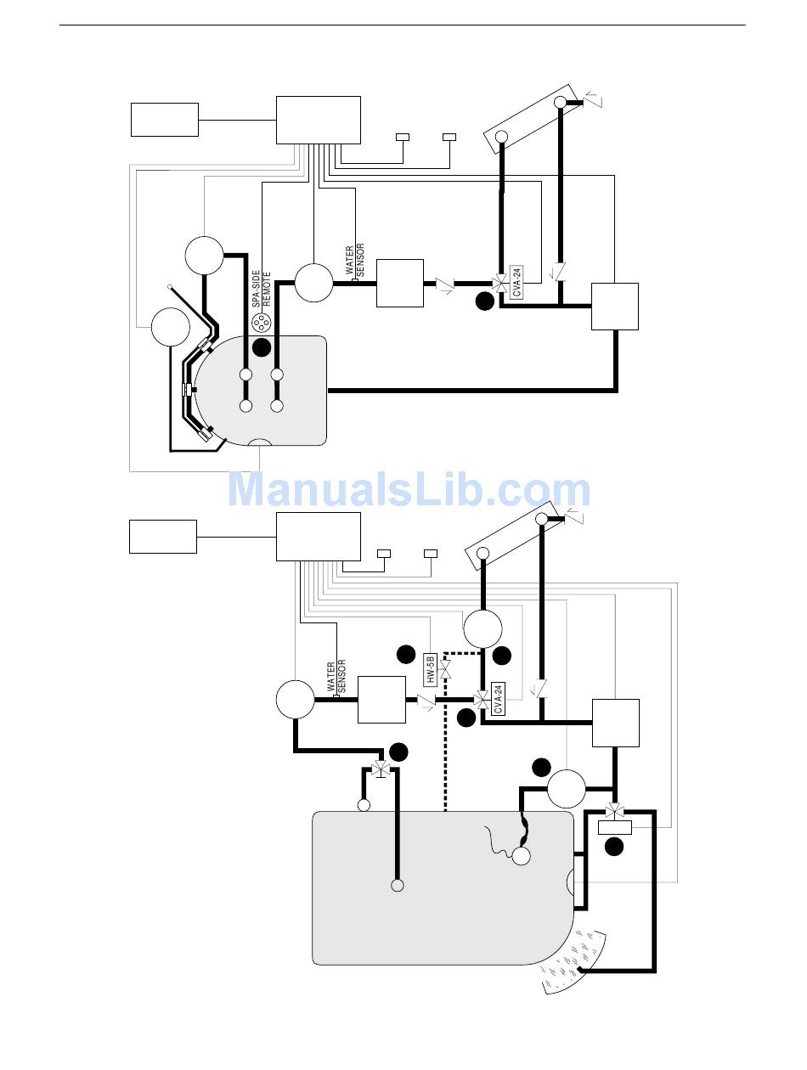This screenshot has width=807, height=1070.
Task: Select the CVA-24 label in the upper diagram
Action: [516, 281]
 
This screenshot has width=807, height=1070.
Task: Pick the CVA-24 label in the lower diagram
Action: [499, 697]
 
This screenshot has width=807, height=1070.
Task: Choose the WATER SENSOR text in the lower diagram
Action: [336, 677]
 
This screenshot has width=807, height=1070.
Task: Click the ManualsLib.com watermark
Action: [409, 490]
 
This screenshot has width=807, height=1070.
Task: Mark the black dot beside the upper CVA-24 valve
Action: [484, 300]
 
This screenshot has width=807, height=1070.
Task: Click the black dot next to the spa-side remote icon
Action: [262, 346]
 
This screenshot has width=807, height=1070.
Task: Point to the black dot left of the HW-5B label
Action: [406, 654]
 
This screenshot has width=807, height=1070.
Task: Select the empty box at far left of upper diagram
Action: [164, 120]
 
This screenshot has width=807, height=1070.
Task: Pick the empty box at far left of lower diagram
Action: [162, 536]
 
